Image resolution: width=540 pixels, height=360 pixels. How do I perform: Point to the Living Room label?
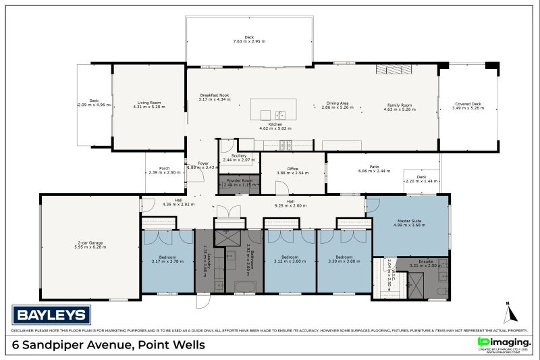(x=148, y=103)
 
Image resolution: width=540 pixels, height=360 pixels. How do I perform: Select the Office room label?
(x=292, y=169)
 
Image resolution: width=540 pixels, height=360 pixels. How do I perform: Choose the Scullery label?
(x=239, y=156)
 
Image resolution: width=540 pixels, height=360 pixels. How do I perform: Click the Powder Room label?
(x=239, y=180)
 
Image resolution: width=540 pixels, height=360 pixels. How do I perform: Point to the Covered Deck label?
(x=468, y=105)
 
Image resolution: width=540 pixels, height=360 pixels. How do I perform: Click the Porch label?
(x=164, y=168)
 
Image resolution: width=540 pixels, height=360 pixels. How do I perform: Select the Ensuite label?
(x=425, y=261)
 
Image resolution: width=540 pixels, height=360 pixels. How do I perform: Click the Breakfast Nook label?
(x=214, y=95)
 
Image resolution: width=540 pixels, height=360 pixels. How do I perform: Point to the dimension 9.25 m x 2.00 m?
(x=290, y=205)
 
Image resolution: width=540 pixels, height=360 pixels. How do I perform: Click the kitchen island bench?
(x=274, y=109)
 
